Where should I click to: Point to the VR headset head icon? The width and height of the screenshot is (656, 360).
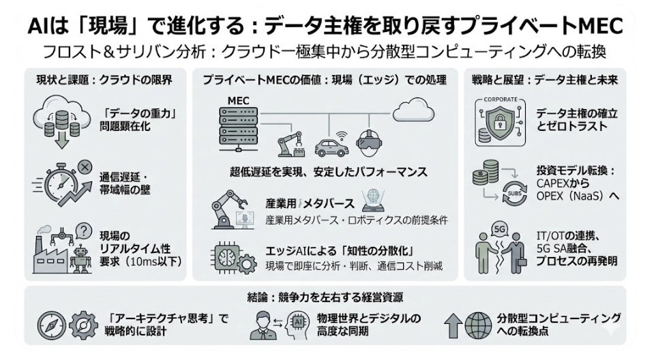point(370,143)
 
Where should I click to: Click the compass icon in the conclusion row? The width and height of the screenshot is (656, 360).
point(50,325)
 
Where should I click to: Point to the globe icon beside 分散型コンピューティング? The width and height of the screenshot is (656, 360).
point(477,325)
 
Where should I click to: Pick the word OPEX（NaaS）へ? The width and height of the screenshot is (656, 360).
point(577,197)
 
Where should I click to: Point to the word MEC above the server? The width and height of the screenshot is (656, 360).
point(236,101)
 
